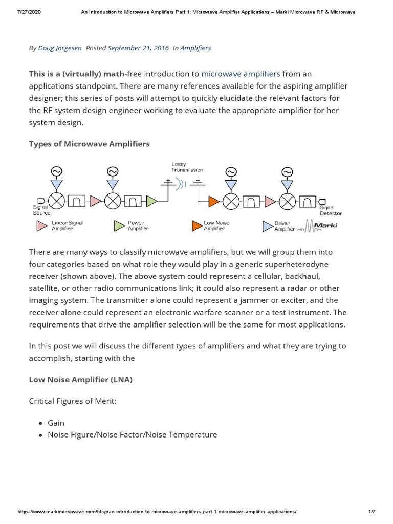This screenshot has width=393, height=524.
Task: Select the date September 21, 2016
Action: point(138,48)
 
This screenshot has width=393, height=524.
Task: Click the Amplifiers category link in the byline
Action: point(196,48)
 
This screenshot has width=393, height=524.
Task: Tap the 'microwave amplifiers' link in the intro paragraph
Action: point(241,74)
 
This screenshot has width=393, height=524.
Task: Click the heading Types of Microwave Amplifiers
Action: point(90,144)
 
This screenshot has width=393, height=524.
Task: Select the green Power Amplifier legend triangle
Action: point(119,226)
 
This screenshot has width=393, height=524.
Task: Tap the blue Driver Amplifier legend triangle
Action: point(267,226)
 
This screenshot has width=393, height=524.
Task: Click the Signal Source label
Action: point(41,210)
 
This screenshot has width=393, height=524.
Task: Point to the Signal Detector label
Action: point(330,210)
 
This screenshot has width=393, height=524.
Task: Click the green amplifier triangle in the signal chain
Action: point(151,201)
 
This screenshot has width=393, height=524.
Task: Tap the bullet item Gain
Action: point(56,423)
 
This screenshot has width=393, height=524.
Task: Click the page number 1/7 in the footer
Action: point(372,512)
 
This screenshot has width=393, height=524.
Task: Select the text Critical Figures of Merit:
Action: point(73,401)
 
